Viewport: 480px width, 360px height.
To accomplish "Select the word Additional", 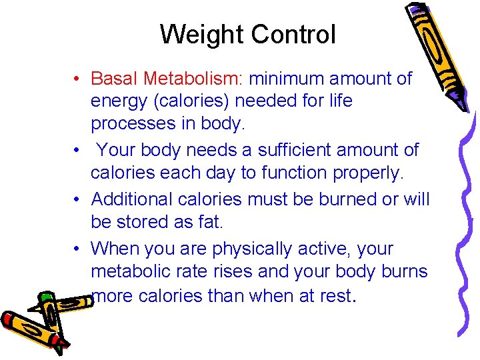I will [134, 199].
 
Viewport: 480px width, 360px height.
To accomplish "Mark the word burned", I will [355, 199].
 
